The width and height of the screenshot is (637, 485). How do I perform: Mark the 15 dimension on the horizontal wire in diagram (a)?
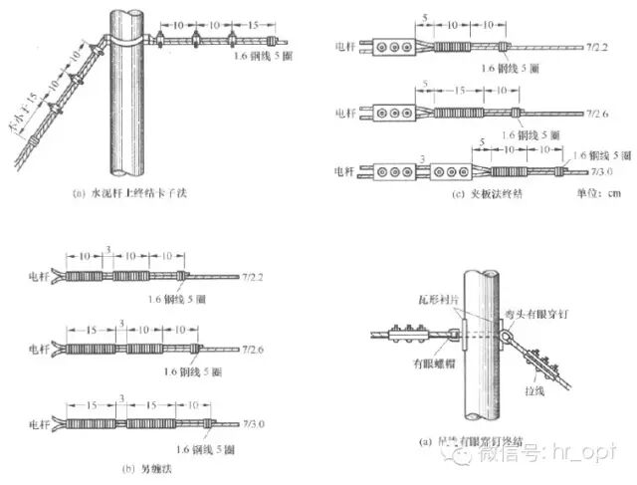pos(254,23)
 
